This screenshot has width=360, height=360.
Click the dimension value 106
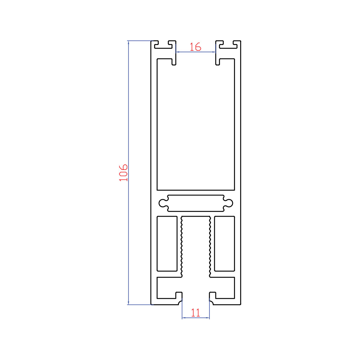(x=123, y=173)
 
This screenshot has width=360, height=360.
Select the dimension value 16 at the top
(x=195, y=47)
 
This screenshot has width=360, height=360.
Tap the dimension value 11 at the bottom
(x=195, y=313)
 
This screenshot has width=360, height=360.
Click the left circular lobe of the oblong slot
(x=163, y=203)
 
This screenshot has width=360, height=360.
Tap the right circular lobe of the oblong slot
(x=229, y=203)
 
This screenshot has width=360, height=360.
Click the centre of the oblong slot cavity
(x=196, y=203)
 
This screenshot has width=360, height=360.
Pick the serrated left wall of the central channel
(x=181, y=247)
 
